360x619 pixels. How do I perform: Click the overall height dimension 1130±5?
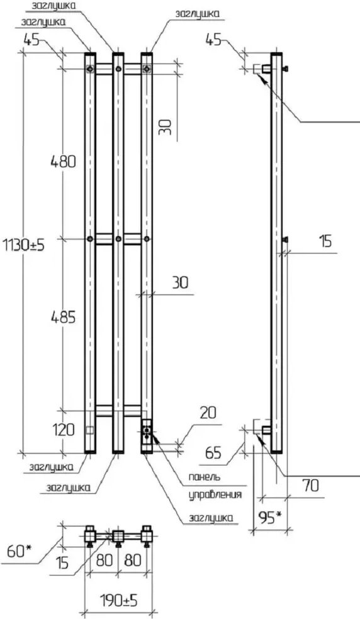[x=23, y=245]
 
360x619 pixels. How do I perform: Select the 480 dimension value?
[x=63, y=161]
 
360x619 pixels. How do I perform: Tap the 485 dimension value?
[x=63, y=318]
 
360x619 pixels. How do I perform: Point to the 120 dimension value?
[x=63, y=430]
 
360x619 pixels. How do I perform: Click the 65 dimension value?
[x=213, y=453]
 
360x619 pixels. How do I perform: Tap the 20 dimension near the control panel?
[x=208, y=413]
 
